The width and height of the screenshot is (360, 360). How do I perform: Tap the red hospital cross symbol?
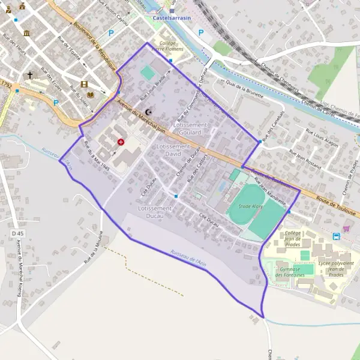[121, 142]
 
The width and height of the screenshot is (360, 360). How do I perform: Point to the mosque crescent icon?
[149, 112]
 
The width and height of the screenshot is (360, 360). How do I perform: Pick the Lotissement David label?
[173, 150]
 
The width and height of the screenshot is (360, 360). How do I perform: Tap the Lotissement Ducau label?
[155, 212]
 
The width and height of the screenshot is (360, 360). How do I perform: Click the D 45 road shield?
[17, 233]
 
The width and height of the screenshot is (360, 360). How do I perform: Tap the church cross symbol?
[29, 76]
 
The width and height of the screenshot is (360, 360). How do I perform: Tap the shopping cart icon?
[346, 228]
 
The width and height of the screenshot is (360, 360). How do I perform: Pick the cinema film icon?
[84, 84]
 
